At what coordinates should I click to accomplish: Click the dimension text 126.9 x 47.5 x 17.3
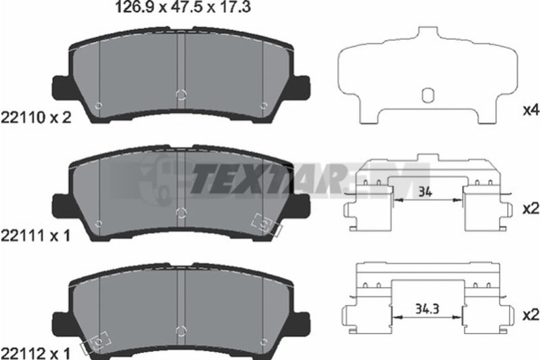pos(183,7)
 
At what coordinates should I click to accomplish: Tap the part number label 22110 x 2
pos(37,118)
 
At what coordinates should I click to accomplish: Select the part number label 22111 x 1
pos(36,236)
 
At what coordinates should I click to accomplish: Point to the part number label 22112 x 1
pos(36,353)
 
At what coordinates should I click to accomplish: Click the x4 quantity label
pos(531,110)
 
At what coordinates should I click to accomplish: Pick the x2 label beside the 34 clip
pos(531,209)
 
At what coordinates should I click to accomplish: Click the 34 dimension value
pos(425,192)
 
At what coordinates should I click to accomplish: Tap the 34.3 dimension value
pos(427,309)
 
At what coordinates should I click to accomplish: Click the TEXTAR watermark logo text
pos(269,180)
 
